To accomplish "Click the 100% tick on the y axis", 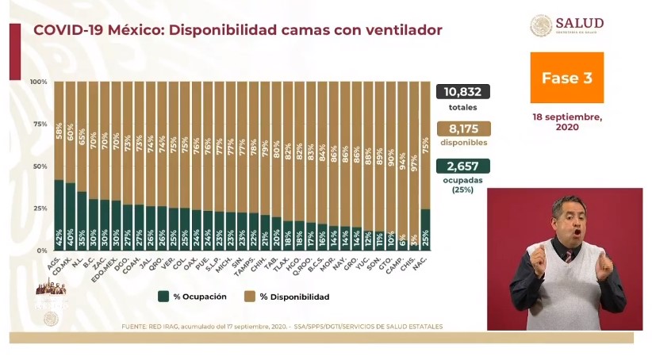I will (x=38, y=82).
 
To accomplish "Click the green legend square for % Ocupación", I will (x=163, y=296).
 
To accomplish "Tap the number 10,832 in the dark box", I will (x=462, y=92).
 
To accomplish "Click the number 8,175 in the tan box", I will (x=462, y=128).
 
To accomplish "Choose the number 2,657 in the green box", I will (x=462, y=166).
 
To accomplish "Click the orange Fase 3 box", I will (x=566, y=78).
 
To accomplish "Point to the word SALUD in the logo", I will (x=579, y=23).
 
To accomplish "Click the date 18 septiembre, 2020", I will (x=567, y=121).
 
